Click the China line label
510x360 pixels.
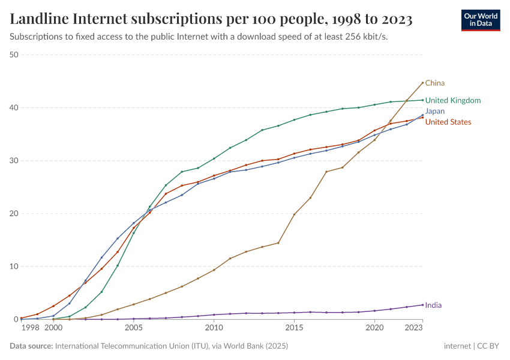[x=434, y=83]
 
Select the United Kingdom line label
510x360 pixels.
[x=452, y=101]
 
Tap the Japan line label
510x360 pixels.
[x=434, y=112]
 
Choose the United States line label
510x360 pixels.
[x=448, y=122]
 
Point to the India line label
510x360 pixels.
[x=433, y=305]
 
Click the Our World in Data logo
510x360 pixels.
[x=481, y=20]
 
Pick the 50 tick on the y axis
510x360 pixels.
[x=14, y=55]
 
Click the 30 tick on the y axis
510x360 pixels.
[x=14, y=161]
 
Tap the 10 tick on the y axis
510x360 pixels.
[x=14, y=266]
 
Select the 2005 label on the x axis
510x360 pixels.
[x=133, y=328]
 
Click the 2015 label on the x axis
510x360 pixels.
[x=294, y=328]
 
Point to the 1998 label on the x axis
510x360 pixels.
[x=30, y=328]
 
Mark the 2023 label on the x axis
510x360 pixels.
[x=413, y=328]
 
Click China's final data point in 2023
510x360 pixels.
[x=422, y=83]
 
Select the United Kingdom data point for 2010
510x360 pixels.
[x=214, y=158]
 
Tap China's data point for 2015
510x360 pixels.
[x=294, y=214]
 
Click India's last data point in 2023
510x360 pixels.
[x=422, y=305]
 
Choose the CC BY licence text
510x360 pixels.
[x=487, y=346]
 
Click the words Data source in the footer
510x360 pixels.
[x=31, y=346]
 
